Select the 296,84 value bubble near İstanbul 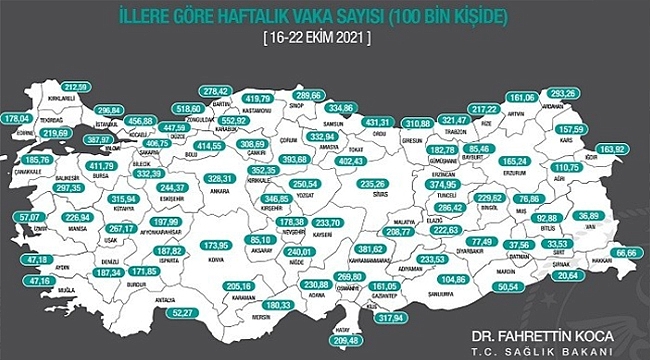(x=111, y=111)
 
